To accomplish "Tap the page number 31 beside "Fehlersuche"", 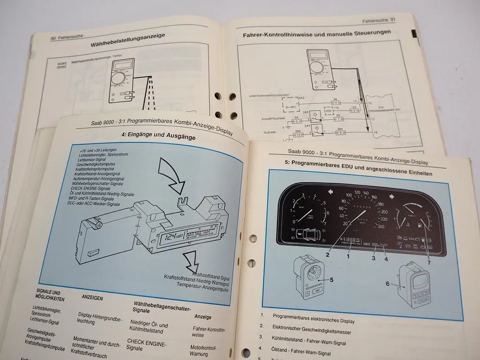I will [393, 20].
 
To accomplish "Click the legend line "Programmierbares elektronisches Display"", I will [314, 318].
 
